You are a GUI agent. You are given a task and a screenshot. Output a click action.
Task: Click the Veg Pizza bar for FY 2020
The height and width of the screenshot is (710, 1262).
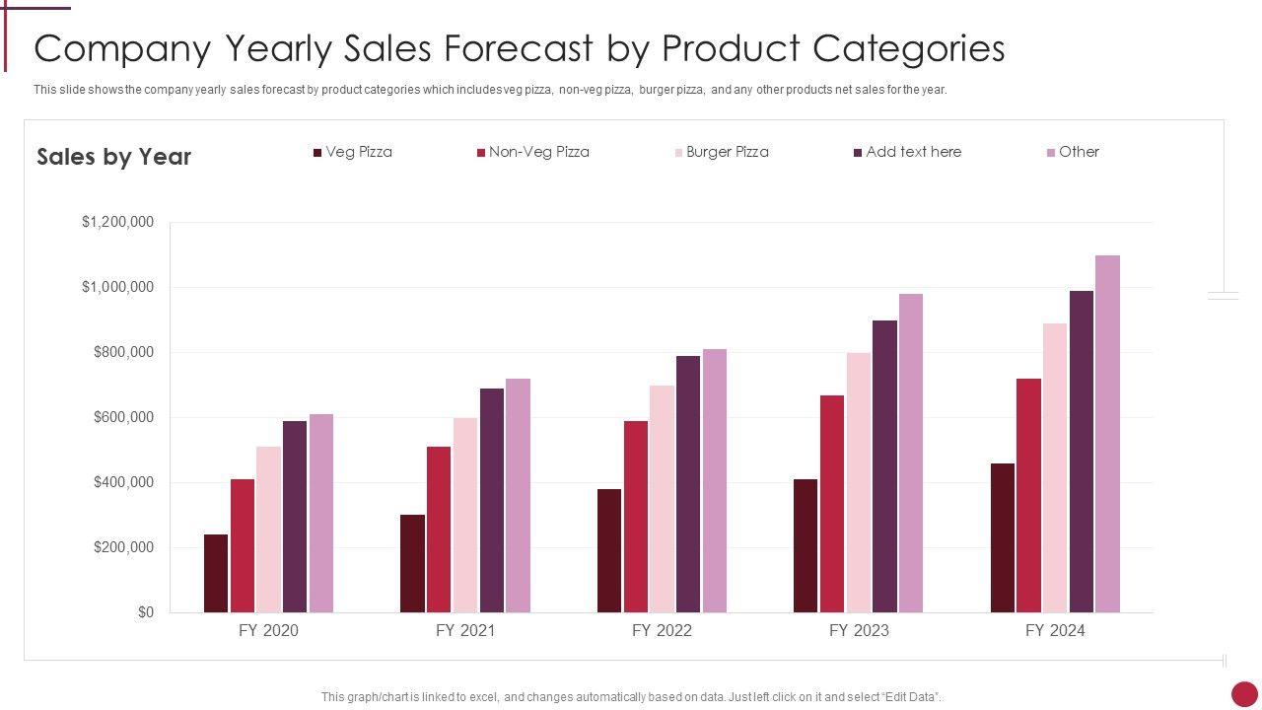coord(216,573)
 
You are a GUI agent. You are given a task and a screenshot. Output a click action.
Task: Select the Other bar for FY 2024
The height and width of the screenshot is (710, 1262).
coord(1107,434)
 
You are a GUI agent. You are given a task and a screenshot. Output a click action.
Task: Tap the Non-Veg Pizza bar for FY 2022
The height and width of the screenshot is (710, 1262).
coord(636,517)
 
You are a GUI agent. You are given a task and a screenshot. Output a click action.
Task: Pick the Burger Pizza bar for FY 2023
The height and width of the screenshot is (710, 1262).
coord(859,482)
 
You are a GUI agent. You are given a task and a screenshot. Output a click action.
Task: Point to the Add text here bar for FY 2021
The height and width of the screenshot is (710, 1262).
coord(492,500)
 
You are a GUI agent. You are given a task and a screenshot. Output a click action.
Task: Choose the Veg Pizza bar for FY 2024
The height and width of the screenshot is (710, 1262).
coord(1003,537)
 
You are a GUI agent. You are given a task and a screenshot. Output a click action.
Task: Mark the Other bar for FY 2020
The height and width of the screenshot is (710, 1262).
coord(321,513)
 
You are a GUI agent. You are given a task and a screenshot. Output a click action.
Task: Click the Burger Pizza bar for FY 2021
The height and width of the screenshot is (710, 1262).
coord(465,515)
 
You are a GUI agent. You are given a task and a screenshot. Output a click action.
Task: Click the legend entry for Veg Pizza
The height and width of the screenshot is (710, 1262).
coord(353,152)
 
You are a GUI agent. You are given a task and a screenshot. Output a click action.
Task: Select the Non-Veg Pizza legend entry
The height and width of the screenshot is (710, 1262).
coord(533,152)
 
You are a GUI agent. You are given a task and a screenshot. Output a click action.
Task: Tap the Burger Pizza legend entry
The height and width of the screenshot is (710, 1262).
coord(722,152)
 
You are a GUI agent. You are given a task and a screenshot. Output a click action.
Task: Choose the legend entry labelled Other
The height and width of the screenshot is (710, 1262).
coord(1073,152)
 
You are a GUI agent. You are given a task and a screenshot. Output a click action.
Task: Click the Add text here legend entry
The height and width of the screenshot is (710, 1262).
coord(907,152)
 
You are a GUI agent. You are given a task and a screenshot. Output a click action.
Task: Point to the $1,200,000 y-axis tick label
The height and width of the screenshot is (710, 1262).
coord(117,222)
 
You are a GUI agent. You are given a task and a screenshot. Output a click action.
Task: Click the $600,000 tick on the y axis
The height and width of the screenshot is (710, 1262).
coord(123,417)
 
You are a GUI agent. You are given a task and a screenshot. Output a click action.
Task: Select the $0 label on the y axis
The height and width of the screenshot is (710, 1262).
coord(146,612)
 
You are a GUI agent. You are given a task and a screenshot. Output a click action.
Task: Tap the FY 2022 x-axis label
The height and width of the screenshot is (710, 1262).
coord(662,630)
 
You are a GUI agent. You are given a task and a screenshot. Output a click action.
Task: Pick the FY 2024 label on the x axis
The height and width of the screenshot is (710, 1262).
coord(1055,630)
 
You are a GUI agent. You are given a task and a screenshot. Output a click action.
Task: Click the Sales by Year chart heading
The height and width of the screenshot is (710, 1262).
coord(113,157)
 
